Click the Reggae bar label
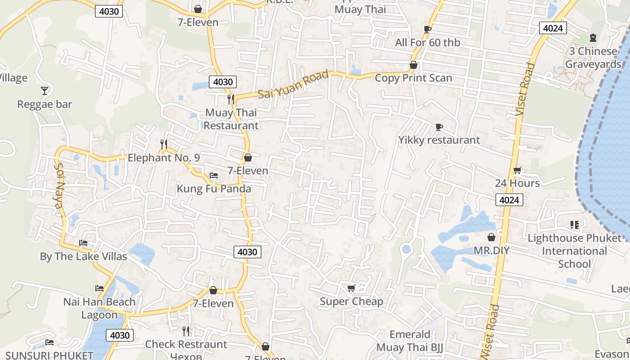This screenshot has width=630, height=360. click(x=45, y=104)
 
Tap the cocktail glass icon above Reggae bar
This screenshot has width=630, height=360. click(x=45, y=91)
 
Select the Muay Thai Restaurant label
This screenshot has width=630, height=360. click(x=231, y=119)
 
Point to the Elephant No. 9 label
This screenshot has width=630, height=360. click(x=163, y=158)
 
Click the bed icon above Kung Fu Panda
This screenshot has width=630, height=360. click(x=214, y=175)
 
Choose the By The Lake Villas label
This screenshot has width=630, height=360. click(x=83, y=256)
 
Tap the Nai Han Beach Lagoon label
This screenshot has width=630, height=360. click(x=99, y=308)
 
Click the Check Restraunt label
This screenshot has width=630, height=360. click(x=186, y=344)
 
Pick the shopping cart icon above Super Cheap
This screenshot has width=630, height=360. click(x=351, y=288)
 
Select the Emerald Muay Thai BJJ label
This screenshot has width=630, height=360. click(x=409, y=341)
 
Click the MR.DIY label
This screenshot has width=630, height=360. click(x=491, y=250)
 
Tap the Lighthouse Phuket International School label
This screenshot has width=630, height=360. click(x=574, y=251)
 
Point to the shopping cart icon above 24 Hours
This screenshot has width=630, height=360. click(x=517, y=170)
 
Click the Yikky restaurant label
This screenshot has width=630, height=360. click(x=439, y=140)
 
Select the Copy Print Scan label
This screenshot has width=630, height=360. click(x=413, y=78)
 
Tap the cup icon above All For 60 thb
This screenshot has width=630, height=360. click(x=427, y=29)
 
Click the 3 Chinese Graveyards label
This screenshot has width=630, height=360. click(x=593, y=58)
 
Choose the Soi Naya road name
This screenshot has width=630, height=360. click(x=59, y=184)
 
